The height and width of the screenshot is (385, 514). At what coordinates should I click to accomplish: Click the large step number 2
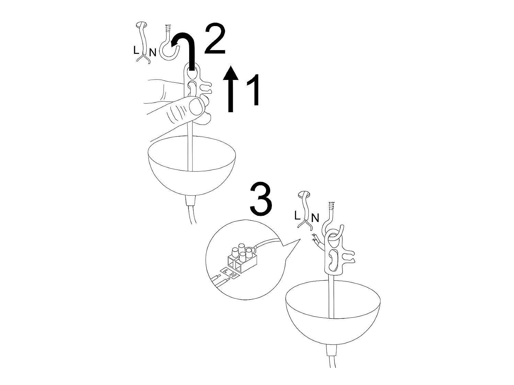click(215, 39)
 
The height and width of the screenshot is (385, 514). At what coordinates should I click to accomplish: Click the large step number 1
click(253, 90)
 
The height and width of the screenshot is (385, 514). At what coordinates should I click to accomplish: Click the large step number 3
click(261, 200)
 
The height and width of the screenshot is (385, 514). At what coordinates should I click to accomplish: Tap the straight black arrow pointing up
click(231, 89)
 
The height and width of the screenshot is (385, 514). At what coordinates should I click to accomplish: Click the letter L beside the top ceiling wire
click(136, 50)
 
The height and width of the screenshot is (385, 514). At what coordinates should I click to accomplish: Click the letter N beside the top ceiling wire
click(153, 52)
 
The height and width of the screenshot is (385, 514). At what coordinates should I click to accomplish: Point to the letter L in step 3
click(297, 215)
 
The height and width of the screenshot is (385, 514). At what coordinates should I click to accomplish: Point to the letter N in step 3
click(315, 218)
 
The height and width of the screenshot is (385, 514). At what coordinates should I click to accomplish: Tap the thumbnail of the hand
click(195, 106)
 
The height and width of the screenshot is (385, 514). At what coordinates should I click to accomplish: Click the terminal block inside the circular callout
click(242, 259)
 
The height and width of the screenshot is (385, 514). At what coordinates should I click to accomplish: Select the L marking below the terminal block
click(225, 271)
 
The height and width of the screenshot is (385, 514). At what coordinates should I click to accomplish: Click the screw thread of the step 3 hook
click(331, 206)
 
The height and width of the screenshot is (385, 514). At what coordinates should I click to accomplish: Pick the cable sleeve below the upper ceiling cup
click(190, 201)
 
